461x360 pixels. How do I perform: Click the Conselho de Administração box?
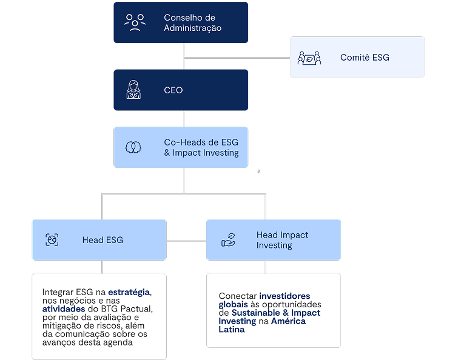(x=181, y=23)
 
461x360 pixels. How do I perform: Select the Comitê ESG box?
(x=357, y=58)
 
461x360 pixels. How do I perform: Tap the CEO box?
(x=181, y=90)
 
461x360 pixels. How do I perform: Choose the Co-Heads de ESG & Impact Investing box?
(x=181, y=147)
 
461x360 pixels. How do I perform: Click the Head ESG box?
(x=99, y=240)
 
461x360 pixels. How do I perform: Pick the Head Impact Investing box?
(x=273, y=240)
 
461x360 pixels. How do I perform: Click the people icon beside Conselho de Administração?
(x=135, y=23)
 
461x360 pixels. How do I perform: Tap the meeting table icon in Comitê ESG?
(x=309, y=58)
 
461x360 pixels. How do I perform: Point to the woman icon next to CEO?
(x=133, y=90)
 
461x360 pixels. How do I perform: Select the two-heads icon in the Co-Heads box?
(x=133, y=147)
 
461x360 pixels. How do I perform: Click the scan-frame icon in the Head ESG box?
(x=52, y=240)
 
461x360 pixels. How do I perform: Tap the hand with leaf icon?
(x=229, y=240)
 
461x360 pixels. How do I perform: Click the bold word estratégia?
(x=129, y=292)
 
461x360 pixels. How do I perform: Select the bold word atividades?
(x=63, y=308)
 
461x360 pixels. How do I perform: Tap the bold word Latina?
(x=232, y=330)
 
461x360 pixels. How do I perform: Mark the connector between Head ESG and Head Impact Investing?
(x=186, y=241)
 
